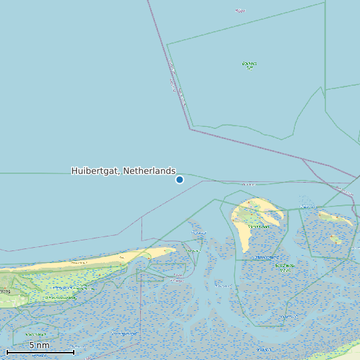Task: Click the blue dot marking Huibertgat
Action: [x=179, y=179]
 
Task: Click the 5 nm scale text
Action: [x=39, y=345]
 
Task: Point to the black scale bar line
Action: [x=40, y=352]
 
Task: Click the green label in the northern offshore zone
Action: [x=249, y=65]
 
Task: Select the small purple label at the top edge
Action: [x=240, y=11]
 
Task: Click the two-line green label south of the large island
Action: [x=285, y=267]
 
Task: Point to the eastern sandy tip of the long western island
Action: [x=166, y=250]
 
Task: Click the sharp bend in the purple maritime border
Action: [x=191, y=129]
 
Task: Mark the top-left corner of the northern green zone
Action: [x=167, y=45]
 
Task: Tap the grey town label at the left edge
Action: [x=5, y=291]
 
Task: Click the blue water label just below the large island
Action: [x=267, y=256]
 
